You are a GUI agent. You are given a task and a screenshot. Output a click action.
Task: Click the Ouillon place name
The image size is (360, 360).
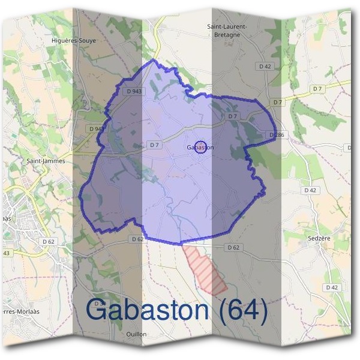(x=137, y=334)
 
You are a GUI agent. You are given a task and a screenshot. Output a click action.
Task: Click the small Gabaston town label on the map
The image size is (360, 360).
(x=200, y=147)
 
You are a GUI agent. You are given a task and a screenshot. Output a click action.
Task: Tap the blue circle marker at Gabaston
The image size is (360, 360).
(x=202, y=146)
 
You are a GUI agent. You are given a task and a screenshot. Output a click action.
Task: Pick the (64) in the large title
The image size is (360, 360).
(x=239, y=310)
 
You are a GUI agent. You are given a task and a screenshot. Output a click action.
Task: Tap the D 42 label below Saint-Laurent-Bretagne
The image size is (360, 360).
(x=265, y=65)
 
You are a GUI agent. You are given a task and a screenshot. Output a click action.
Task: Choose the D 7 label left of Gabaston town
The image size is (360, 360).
(x=154, y=145)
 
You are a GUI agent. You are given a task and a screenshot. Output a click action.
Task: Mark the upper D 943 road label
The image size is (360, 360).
(x=134, y=91)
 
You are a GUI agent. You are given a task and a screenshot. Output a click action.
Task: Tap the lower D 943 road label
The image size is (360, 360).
(x=95, y=128)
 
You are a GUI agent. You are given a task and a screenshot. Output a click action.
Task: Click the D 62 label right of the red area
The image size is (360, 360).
(x=234, y=247)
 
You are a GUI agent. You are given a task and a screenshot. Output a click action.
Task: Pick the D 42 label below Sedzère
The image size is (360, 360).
(x=332, y=287)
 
